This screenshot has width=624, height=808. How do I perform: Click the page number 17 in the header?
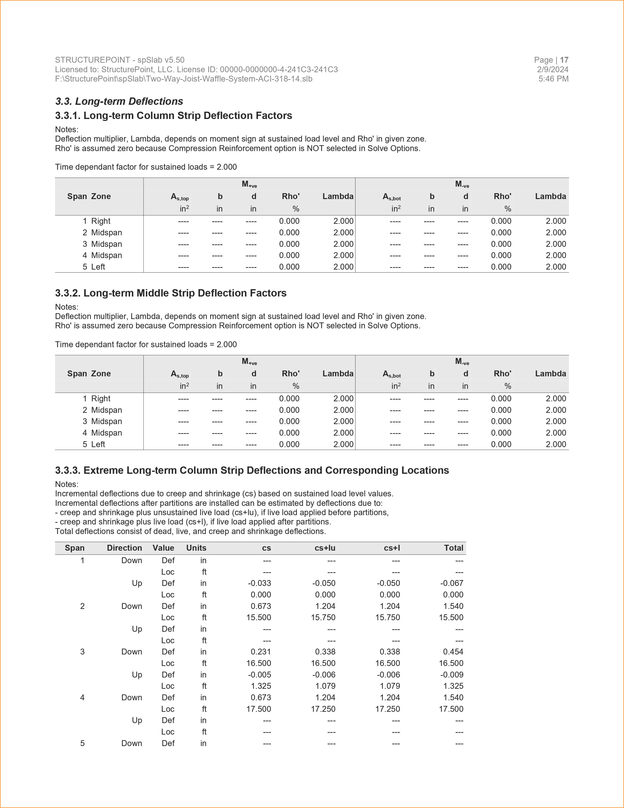coord(564,60)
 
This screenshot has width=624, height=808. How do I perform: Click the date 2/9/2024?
coord(553,70)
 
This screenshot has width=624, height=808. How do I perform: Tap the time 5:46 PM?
coord(553,79)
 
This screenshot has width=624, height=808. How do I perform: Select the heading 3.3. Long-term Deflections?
coord(119,101)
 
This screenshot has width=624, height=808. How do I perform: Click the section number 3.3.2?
coord(68,293)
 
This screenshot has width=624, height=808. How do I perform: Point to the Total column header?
coord(454,548)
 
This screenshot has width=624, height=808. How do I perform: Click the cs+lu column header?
coord(325,548)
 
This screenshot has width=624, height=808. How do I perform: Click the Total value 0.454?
coord(453,652)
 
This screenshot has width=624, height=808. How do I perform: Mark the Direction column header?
coord(124,548)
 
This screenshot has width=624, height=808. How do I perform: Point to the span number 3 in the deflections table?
coord(82,652)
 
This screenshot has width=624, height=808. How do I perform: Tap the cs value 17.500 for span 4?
coord(259,709)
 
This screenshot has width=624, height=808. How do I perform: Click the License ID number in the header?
coord(279,70)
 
